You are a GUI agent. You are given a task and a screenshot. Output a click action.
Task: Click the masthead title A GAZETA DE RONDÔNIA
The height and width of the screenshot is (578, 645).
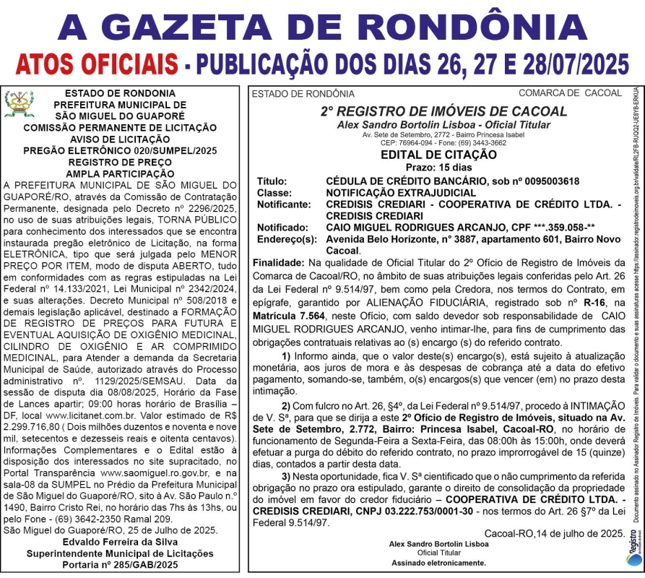(x=322, y=27)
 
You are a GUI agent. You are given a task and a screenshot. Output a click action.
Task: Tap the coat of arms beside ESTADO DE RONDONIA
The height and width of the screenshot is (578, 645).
(x=19, y=104)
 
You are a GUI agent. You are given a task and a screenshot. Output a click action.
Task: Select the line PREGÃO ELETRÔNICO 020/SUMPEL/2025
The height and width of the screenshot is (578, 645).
(x=119, y=151)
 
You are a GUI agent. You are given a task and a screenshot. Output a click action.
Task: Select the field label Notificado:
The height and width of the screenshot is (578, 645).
(x=282, y=227)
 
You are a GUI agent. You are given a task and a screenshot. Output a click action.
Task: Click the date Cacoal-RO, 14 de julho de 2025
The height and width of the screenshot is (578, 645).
(x=554, y=533)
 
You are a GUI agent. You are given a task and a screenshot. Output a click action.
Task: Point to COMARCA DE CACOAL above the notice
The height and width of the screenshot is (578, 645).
(x=569, y=92)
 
